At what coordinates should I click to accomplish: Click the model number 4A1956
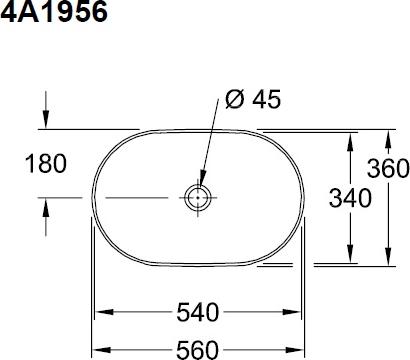click(x=54, y=12)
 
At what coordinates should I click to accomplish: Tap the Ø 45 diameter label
click(x=253, y=99)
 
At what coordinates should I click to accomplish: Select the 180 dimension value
click(x=46, y=164)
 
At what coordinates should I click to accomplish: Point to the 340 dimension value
click(x=350, y=198)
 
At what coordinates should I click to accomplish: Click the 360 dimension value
click(x=388, y=168)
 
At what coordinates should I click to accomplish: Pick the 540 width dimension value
click(x=198, y=312)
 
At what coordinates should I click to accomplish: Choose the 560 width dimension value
click(x=197, y=350)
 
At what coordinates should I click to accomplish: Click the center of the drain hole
click(x=198, y=198)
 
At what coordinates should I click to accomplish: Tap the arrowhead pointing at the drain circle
click(x=202, y=178)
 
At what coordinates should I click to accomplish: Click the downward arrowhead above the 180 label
click(x=46, y=119)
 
